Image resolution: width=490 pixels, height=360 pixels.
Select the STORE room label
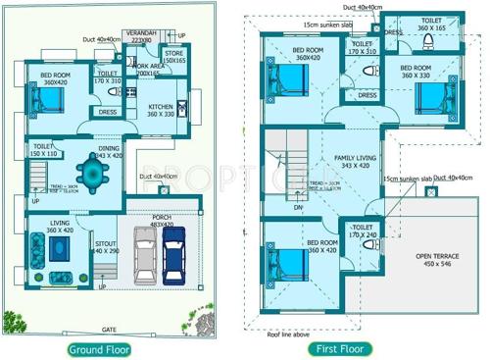174,55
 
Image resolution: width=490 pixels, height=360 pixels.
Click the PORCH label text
162,218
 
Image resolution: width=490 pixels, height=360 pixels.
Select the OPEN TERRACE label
430,257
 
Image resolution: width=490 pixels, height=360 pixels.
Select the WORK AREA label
150,69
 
